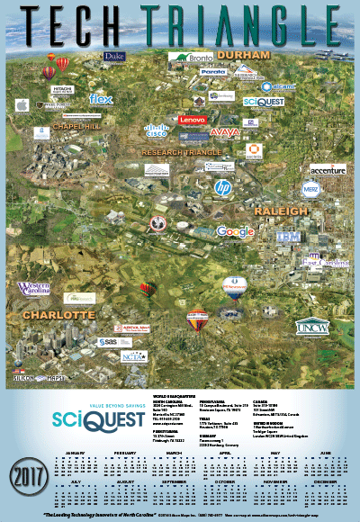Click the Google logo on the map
pyautogui.click(x=236, y=232)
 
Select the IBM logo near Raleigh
pyautogui.click(x=287, y=236)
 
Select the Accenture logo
pyautogui.click(x=327, y=169)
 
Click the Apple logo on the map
pyautogui.click(x=21, y=106)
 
